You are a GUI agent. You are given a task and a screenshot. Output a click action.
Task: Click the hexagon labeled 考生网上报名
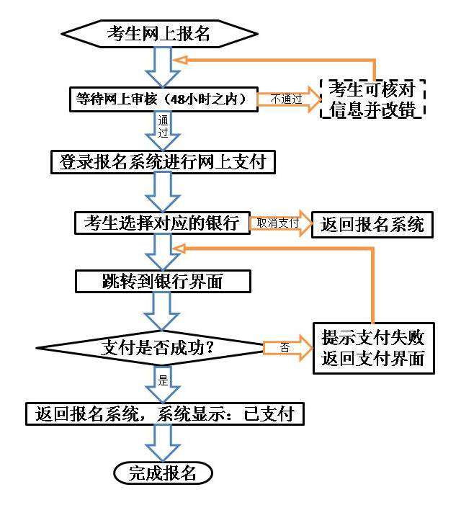(x=159, y=32)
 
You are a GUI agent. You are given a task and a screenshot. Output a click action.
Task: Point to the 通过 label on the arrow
(x=163, y=126)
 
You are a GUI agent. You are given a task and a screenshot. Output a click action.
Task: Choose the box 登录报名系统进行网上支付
(x=164, y=162)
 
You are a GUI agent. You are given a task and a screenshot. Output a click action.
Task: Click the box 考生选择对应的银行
(x=161, y=223)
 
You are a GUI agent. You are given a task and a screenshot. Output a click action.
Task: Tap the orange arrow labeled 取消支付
(x=278, y=223)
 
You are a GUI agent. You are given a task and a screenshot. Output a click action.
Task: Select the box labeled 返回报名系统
(x=372, y=224)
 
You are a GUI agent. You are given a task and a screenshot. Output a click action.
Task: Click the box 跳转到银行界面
(x=163, y=281)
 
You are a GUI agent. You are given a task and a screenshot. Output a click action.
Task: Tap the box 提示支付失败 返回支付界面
(x=373, y=348)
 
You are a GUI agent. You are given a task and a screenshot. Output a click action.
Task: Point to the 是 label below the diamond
(x=162, y=380)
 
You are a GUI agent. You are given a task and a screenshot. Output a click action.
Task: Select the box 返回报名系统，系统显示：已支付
(x=164, y=414)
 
